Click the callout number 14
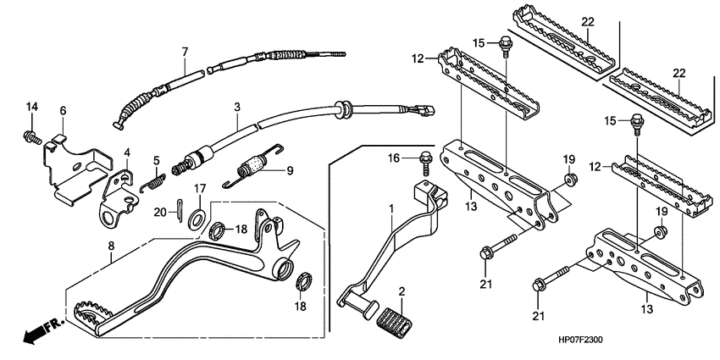point(31,106)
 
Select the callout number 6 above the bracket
point(62,111)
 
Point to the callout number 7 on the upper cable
point(184,52)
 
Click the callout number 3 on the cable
point(237,107)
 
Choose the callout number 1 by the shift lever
point(390,208)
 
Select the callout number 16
point(393,158)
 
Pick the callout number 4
point(127,152)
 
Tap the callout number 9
point(289,169)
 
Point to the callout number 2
point(403,292)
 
